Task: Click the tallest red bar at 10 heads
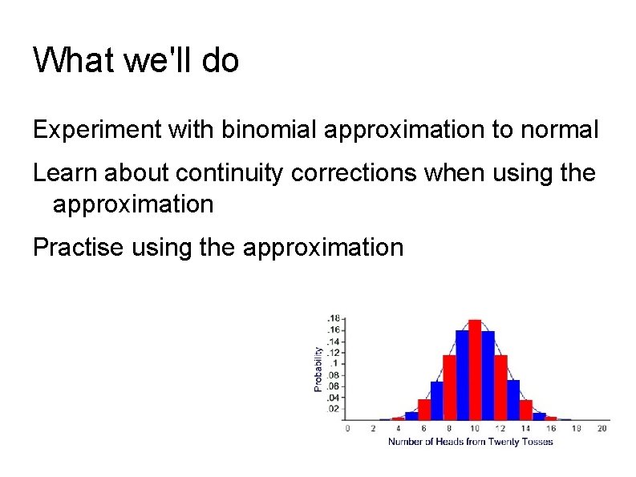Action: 474,370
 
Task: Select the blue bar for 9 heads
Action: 462,375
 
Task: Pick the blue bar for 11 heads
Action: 488,375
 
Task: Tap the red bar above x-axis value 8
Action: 449,387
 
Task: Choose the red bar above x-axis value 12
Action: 500,387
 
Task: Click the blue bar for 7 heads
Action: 437,400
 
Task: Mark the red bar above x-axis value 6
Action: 424,410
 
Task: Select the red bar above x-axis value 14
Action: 526,410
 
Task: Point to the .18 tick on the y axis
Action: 332,319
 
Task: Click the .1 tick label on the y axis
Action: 334,364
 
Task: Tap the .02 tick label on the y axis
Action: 332,409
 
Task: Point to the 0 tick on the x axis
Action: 347,428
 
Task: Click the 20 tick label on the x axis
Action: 602,428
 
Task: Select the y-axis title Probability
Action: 318,369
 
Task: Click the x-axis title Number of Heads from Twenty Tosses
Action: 471,442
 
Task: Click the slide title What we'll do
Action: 136,60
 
